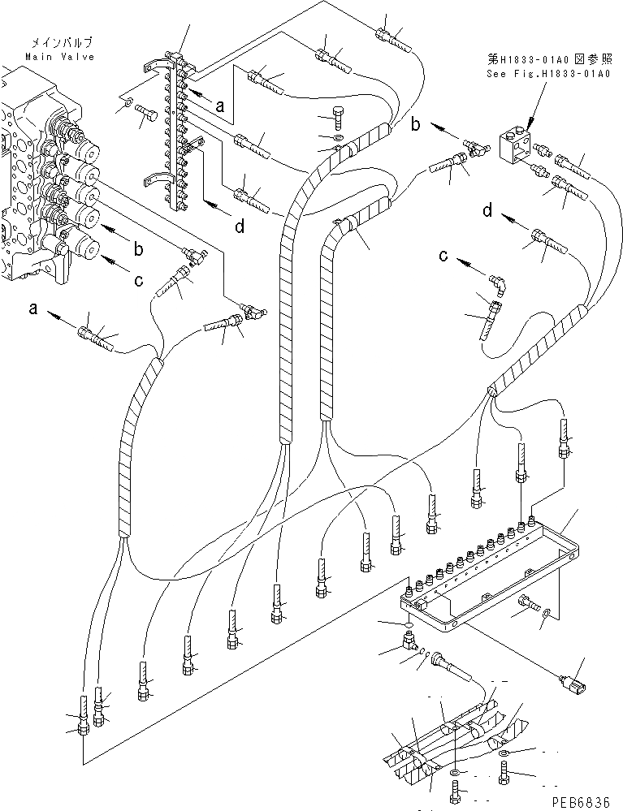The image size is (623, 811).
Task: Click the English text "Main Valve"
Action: tap(58, 58)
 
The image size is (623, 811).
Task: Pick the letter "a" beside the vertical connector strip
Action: tap(219, 106)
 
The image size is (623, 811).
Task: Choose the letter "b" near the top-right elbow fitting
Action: tap(415, 125)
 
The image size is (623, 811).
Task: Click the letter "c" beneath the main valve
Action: tap(138, 281)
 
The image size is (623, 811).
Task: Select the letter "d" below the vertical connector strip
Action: tap(240, 227)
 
